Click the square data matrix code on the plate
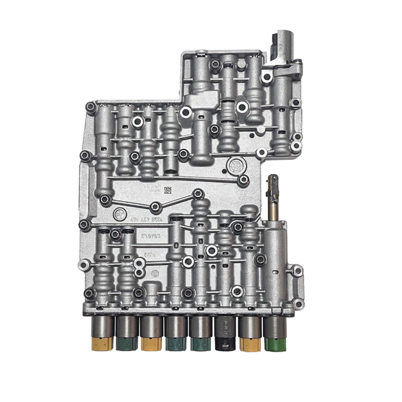click(x=167, y=190)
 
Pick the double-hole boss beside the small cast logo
click(x=138, y=268)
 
